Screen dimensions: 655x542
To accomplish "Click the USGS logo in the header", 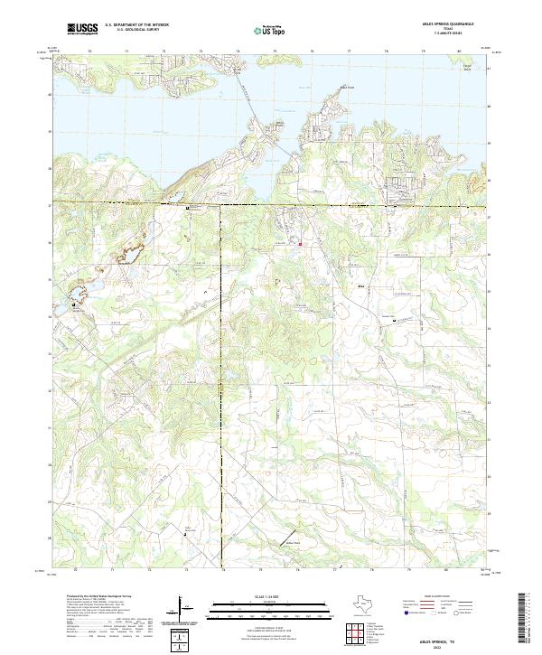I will point(82,30).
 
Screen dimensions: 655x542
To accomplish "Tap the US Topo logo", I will point(262,30).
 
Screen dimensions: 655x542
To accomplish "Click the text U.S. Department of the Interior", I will point(136,25).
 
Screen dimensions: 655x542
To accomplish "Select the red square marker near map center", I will point(301,243).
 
